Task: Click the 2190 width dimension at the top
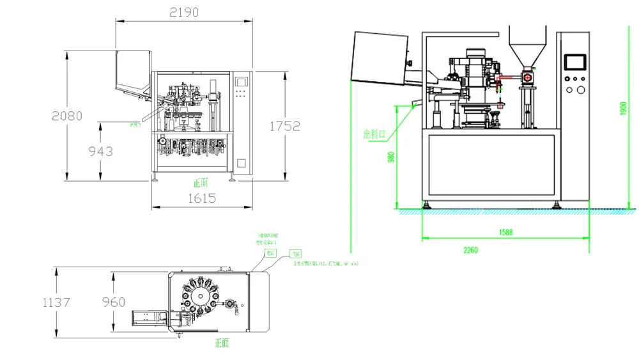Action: (184, 12)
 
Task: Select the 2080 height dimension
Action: (67, 116)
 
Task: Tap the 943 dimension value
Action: (100, 151)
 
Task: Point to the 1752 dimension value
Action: (284, 126)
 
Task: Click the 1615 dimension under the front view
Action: (201, 198)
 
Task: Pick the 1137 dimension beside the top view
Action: (56, 302)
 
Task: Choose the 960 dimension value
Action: (114, 302)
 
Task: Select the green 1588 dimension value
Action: (505, 233)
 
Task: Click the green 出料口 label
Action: (374, 134)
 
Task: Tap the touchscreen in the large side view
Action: (574, 61)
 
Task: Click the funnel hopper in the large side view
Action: (528, 45)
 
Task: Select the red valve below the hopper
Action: (528, 77)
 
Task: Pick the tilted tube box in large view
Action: (380, 58)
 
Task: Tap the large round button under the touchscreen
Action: (580, 90)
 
